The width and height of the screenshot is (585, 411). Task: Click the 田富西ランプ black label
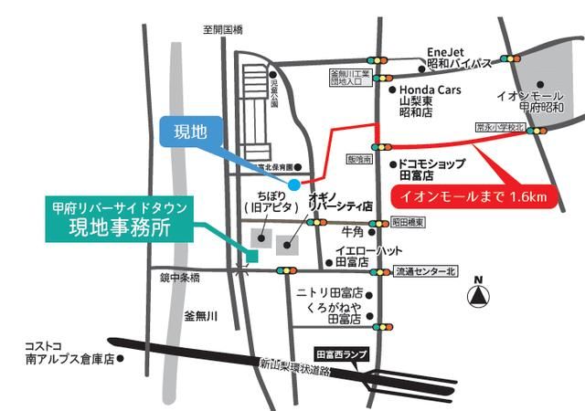[x=343, y=352]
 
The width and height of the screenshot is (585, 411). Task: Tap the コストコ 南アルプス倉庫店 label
[x=69, y=353]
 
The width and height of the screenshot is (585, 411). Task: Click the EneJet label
[x=447, y=52]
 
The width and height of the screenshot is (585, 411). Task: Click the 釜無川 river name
[x=199, y=315]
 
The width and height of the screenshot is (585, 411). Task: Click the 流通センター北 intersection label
[x=423, y=271]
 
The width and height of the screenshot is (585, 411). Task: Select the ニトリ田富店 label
[x=331, y=292]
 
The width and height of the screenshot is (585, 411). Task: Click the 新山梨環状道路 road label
[x=293, y=364]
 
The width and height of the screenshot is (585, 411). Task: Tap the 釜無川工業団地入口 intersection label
[x=348, y=78]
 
